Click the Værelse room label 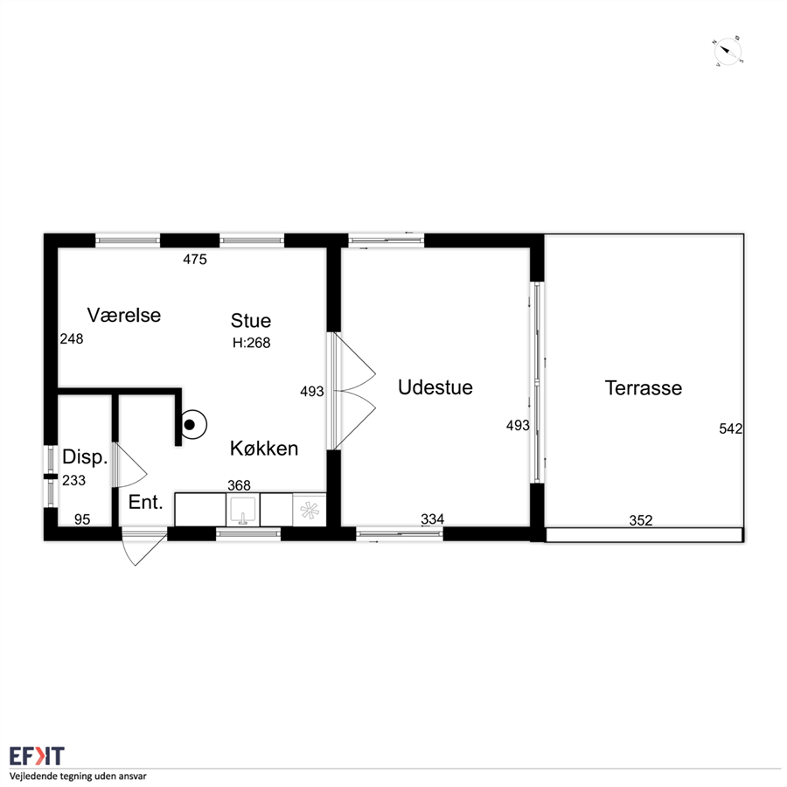(124, 315)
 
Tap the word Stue (251, 321)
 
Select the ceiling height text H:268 (252, 343)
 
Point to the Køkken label (264, 449)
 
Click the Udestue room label (435, 387)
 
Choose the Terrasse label (644, 388)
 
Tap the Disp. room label (85, 457)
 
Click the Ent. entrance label (145, 503)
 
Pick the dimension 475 (195, 260)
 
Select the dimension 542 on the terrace (731, 428)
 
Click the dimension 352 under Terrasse (641, 520)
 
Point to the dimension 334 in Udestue (432, 519)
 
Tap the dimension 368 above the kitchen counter (239, 485)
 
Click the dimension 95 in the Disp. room (82, 519)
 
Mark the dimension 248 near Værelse (72, 339)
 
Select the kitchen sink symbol (243, 510)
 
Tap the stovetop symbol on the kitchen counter (310, 511)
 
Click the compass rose (728, 51)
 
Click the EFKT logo (37, 756)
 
